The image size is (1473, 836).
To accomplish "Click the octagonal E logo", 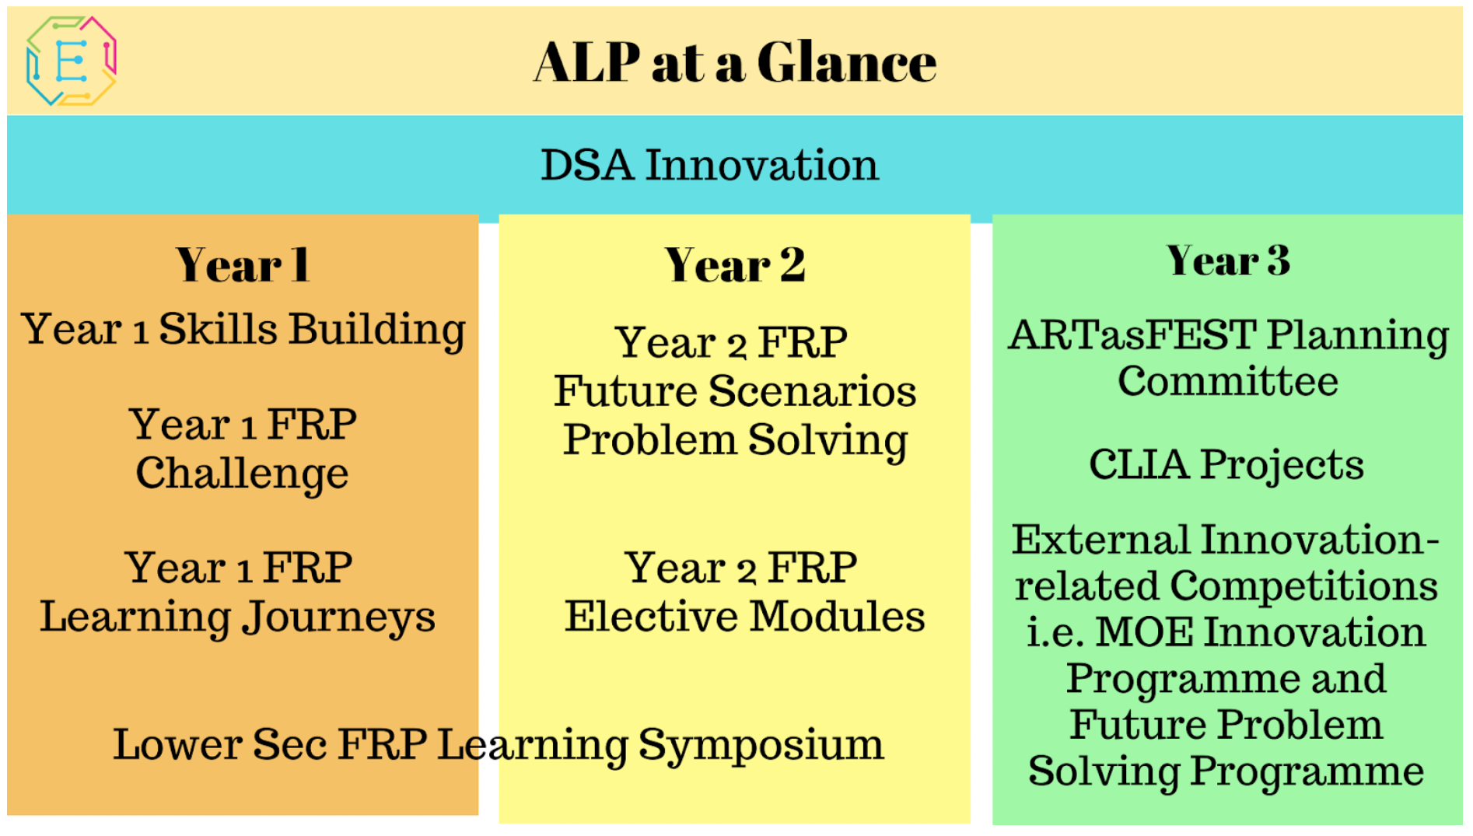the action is [x=71, y=61].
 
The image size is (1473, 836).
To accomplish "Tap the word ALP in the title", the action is [x=587, y=62].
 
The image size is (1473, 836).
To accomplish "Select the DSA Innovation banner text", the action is [x=709, y=165].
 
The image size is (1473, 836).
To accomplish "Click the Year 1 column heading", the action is [x=243, y=265].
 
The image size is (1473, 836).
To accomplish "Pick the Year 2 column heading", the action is [x=735, y=265].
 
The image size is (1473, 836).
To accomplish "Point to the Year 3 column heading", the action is [x=1228, y=260].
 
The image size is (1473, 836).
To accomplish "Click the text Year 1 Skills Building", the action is [x=243, y=330].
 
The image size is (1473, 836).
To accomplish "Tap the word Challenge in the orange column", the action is [x=242, y=474].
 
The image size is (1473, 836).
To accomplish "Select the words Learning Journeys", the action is [x=237, y=617].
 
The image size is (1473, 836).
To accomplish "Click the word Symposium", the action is [x=761, y=745].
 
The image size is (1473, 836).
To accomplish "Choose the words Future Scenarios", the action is [x=735, y=391].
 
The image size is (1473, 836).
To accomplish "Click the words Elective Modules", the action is [x=744, y=617].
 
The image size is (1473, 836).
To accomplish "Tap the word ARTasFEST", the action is [x=1132, y=334].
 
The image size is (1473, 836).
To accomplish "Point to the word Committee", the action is [x=1228, y=381].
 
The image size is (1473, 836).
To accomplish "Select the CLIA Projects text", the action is [x=1226, y=465].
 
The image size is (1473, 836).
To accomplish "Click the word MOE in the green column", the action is [x=1144, y=631].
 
